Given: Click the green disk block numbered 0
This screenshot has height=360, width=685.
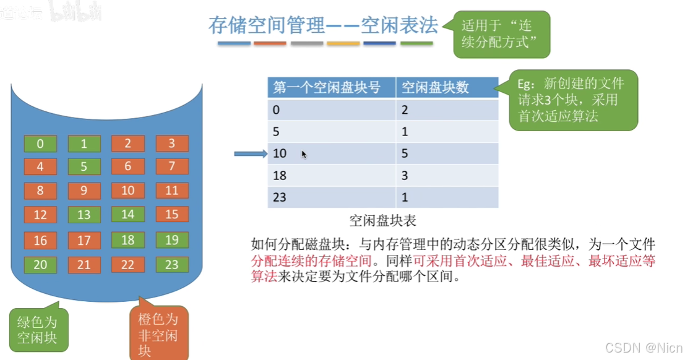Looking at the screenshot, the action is tap(40, 144).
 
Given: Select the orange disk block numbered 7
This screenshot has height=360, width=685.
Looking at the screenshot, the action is tap(171, 166).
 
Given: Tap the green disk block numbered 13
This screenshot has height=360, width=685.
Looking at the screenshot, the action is tap(84, 215).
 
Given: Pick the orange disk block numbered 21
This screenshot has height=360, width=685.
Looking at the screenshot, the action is tap(84, 265).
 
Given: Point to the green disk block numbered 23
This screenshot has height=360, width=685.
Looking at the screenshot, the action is tap(171, 265).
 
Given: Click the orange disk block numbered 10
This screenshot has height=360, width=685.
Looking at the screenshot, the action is tap(127, 191).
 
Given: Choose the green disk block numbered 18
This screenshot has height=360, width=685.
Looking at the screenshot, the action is tap(127, 240).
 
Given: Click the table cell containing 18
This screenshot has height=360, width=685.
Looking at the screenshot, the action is tap(331, 175).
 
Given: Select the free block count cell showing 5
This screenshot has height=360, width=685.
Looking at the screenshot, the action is tap(447, 153).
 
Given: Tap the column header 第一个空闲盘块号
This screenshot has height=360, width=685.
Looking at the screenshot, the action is tap(331, 88).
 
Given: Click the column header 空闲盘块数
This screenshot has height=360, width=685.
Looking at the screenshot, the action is tap(447, 88).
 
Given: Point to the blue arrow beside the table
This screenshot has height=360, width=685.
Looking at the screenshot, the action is tap(250, 154).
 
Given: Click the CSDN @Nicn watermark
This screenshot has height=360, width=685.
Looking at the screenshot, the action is tap(644, 348).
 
